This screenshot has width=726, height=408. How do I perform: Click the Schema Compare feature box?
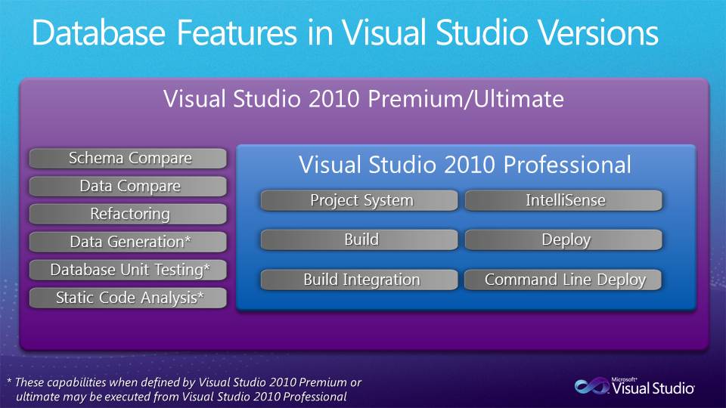pyautogui.click(x=128, y=158)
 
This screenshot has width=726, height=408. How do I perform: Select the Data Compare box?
pyautogui.click(x=128, y=186)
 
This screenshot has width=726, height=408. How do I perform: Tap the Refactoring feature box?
pyautogui.click(x=128, y=214)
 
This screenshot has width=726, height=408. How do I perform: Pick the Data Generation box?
pyautogui.click(x=128, y=242)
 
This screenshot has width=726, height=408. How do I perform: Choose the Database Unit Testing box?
pyautogui.click(x=128, y=270)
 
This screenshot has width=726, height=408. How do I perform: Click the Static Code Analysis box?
pyautogui.click(x=128, y=298)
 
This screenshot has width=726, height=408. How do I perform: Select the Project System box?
pyautogui.click(x=359, y=200)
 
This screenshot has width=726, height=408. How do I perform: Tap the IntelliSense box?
pyautogui.click(x=563, y=200)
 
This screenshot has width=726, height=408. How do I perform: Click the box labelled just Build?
pyautogui.click(x=359, y=240)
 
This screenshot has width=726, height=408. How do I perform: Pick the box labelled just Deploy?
pyautogui.click(x=563, y=240)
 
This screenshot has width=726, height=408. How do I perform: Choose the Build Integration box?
pyautogui.click(x=359, y=280)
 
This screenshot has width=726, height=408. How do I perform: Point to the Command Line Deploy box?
pyautogui.click(x=563, y=280)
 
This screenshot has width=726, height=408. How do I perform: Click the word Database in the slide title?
pyautogui.click(x=98, y=32)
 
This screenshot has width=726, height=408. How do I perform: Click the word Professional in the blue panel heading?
pyautogui.click(x=567, y=165)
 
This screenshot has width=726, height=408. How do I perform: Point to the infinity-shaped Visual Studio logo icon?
pyautogui.click(x=592, y=386)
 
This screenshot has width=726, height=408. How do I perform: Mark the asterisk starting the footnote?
pyautogui.click(x=9, y=381)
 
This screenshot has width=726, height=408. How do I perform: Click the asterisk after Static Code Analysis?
pyautogui.click(x=200, y=294)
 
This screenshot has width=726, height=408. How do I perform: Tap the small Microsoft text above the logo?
pyautogui.click(x=624, y=379)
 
